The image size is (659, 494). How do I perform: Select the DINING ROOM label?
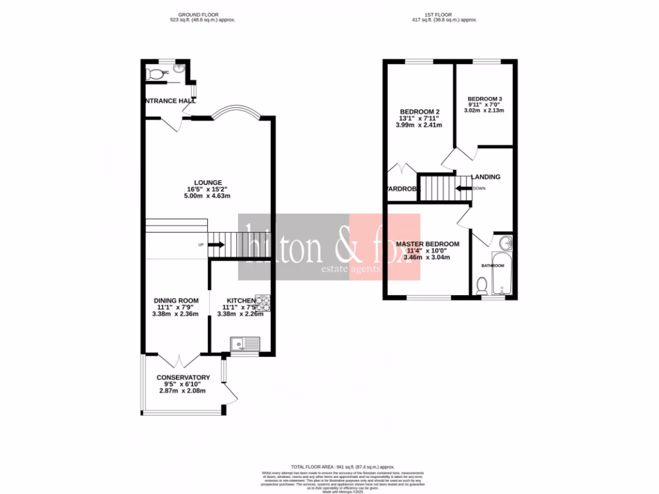point(176,300)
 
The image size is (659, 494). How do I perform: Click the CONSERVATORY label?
point(183,378)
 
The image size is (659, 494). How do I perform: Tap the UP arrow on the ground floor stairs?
point(216,244)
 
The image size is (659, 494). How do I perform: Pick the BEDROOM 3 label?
point(485,99)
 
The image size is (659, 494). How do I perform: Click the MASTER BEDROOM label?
point(427,244)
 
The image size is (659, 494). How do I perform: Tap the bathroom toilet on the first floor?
point(482,285)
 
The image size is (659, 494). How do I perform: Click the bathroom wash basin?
point(506,242)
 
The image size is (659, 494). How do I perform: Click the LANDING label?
point(486,177)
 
